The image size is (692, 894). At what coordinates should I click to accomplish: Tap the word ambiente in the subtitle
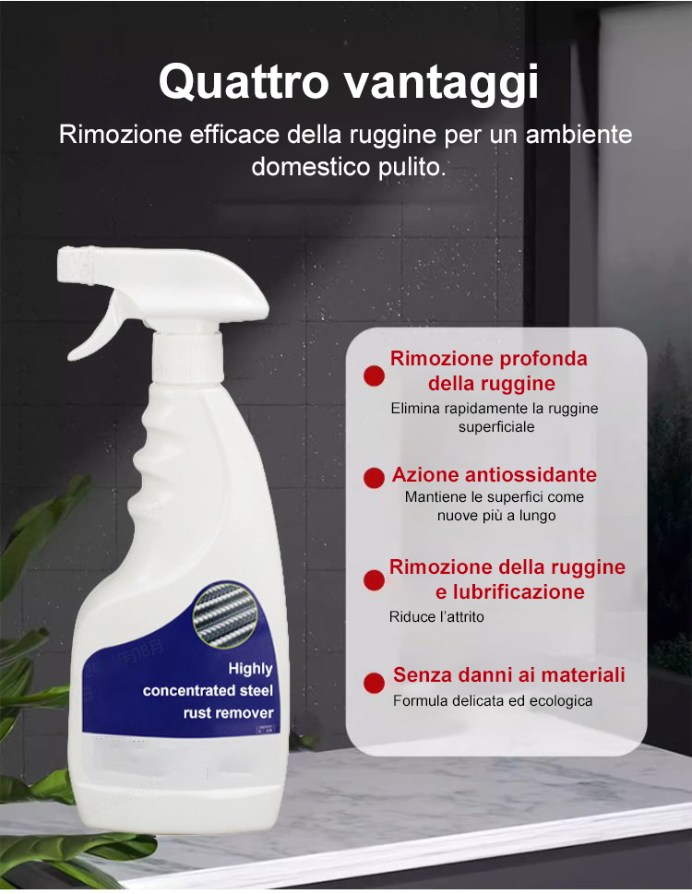pos(579,134)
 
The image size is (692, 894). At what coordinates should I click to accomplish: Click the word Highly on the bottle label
pos(250,668)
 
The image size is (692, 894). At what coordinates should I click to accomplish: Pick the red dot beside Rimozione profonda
pos(374,375)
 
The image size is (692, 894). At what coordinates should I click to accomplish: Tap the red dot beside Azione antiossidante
pos(374,477)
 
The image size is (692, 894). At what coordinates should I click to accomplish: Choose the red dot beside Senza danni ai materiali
pos(374,683)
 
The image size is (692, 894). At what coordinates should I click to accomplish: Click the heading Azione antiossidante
pos(494,475)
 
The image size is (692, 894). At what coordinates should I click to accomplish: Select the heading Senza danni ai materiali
pos(508,675)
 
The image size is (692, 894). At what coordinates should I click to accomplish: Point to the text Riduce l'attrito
pos(436,616)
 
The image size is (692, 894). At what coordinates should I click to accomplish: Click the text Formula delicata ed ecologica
pos(493,701)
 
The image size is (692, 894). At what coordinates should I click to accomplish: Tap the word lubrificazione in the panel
pos(510,591)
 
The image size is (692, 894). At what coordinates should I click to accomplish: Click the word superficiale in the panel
pos(496,427)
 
